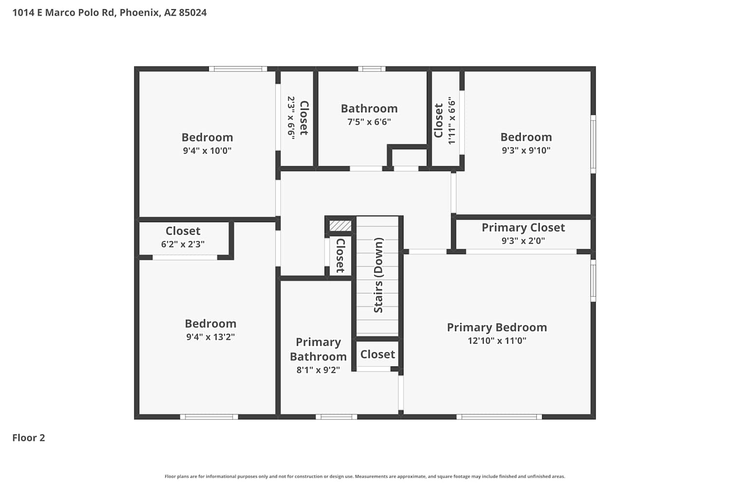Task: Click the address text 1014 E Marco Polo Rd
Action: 64,13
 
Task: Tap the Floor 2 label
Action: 29,437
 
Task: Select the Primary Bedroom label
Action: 497,328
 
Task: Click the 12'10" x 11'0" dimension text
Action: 497,341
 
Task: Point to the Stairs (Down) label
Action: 378,276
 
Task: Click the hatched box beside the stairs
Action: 340,226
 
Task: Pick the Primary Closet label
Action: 523,227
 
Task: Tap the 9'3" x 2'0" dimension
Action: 523,241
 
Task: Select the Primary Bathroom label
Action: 318,349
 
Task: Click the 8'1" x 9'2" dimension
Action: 318,370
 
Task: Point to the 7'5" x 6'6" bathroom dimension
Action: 369,122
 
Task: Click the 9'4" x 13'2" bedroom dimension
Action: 210,337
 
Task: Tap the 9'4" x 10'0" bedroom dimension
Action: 207,150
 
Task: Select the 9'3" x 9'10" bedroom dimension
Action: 526,150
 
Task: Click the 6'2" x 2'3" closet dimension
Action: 182,244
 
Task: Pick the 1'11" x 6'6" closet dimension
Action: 451,121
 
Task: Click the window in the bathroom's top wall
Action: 372,69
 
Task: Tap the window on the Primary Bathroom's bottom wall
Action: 336,417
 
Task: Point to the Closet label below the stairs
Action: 377,354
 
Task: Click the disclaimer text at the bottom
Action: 365,476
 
